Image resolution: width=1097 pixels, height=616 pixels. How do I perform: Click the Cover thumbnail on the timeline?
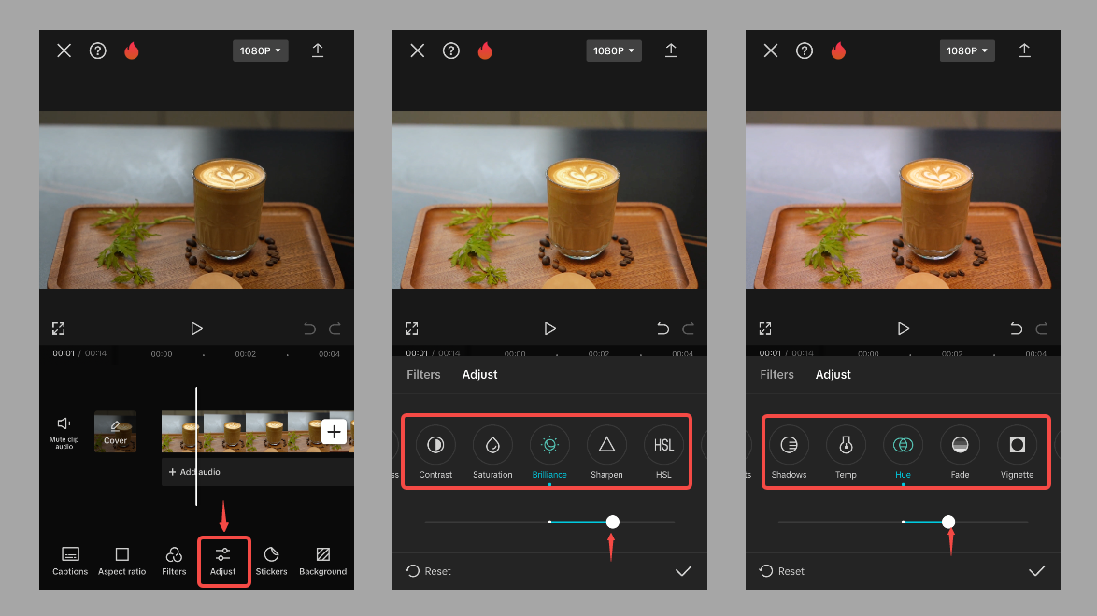coord(115,431)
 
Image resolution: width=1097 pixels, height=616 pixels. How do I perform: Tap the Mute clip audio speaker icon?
coord(64,424)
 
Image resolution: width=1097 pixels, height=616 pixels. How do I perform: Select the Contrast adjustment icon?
coord(435,445)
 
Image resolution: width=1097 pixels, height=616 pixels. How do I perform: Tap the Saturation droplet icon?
coord(492,445)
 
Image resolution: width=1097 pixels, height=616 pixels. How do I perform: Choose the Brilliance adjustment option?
coord(549,445)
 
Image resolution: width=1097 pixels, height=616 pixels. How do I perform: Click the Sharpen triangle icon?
coord(606,445)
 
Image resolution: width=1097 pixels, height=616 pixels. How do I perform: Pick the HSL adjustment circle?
coord(663,445)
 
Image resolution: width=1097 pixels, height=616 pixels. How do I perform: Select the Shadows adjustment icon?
coord(789,445)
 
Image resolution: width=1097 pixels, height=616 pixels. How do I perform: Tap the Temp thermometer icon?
coord(846,445)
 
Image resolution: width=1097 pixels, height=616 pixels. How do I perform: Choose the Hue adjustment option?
coord(903,445)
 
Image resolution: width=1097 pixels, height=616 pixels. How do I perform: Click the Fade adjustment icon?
coord(960,445)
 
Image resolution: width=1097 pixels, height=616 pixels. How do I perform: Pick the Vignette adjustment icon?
coord(1017,445)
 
